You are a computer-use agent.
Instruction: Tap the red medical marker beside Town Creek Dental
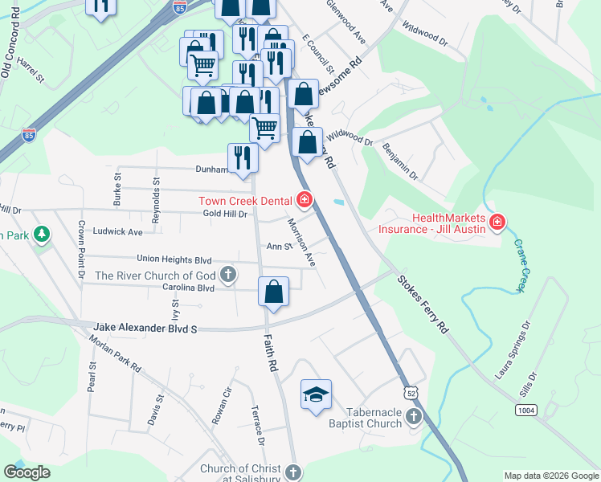[x=305, y=199]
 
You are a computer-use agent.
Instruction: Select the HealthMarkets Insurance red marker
[x=497, y=222]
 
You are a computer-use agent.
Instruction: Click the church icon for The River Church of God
[x=228, y=276]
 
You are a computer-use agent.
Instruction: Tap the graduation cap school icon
[x=316, y=394]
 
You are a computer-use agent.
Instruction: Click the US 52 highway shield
[x=411, y=393]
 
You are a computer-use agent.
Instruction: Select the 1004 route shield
[x=525, y=411]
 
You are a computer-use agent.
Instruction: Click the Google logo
[x=27, y=472]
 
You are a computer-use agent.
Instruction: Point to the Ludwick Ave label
[x=117, y=232]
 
